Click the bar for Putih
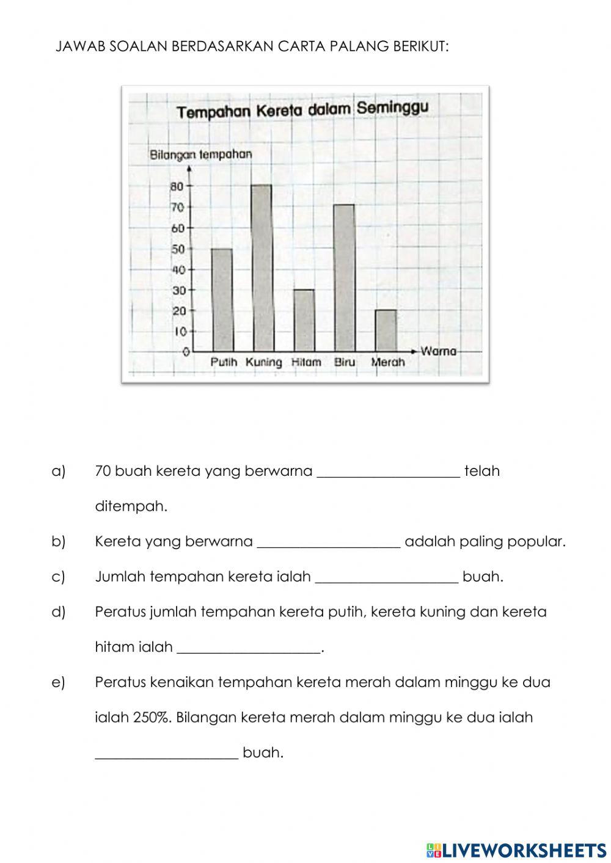[222, 300]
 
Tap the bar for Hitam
[304, 320]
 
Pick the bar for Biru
[344, 278]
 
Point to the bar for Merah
[385, 330]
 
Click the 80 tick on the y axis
[178, 186]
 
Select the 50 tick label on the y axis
[178, 249]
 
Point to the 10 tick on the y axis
[180, 332]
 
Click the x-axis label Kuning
[264, 362]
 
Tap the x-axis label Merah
[388, 362]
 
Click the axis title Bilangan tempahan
[200, 155]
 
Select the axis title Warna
[439, 351]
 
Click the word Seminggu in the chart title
[392, 108]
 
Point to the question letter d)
[59, 612]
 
